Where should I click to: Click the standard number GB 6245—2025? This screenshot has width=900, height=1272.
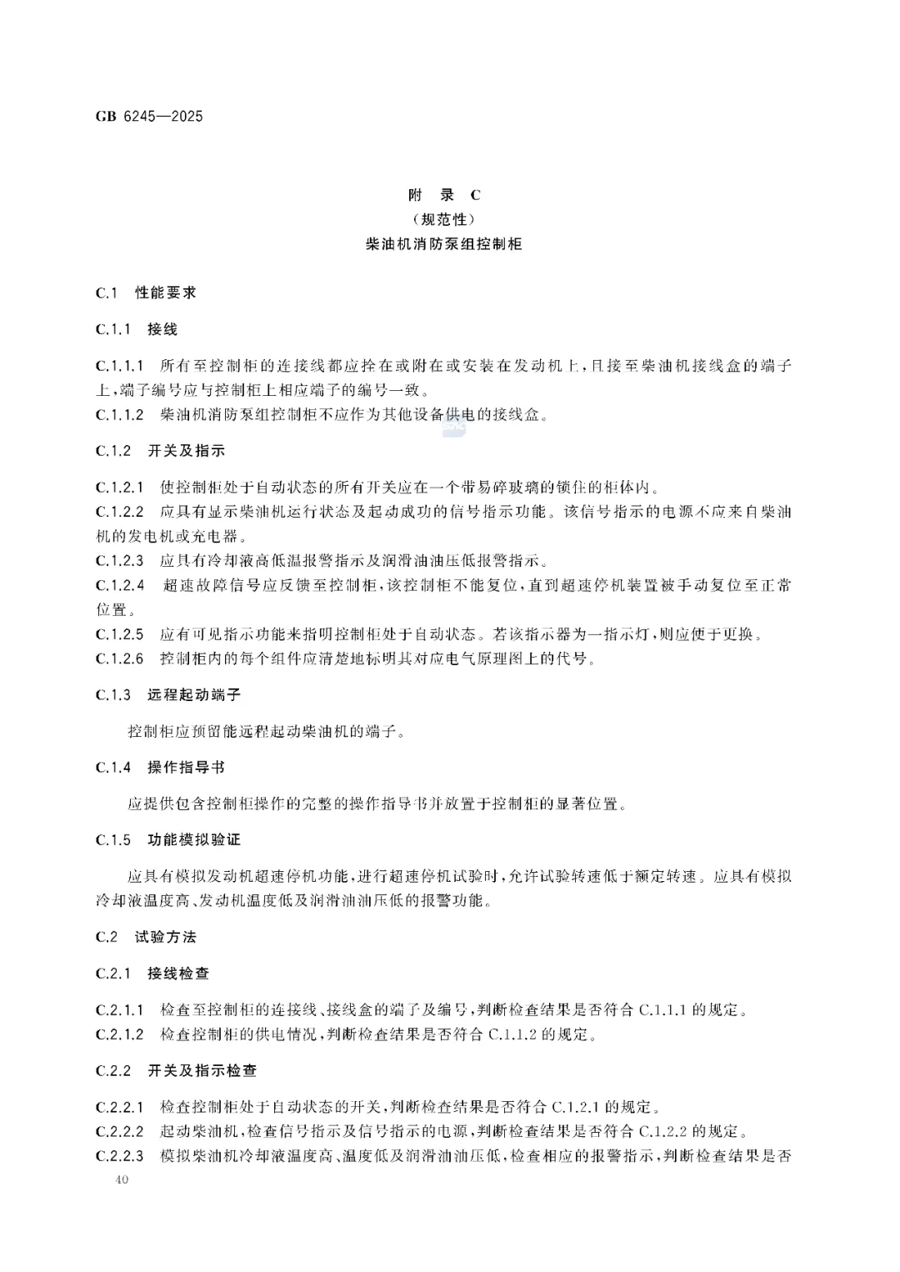(x=149, y=116)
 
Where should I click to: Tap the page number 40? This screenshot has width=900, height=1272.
(x=123, y=1180)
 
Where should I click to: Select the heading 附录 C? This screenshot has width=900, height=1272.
(x=444, y=195)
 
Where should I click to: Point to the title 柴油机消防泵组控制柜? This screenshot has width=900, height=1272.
(x=444, y=245)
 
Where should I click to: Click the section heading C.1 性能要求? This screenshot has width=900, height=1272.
(x=146, y=293)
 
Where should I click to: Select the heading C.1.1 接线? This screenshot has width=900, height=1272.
(x=137, y=329)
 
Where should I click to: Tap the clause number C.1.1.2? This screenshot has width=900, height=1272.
(x=120, y=414)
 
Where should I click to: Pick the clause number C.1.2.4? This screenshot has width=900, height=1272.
(x=120, y=585)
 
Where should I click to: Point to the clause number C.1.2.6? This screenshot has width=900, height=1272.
(x=120, y=659)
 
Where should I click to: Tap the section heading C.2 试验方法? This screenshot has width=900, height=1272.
(x=146, y=937)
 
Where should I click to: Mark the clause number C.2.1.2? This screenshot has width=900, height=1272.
(x=120, y=1034)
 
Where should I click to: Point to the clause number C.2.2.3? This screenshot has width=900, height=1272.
(x=120, y=1155)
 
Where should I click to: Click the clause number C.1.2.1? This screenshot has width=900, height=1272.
(x=120, y=487)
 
